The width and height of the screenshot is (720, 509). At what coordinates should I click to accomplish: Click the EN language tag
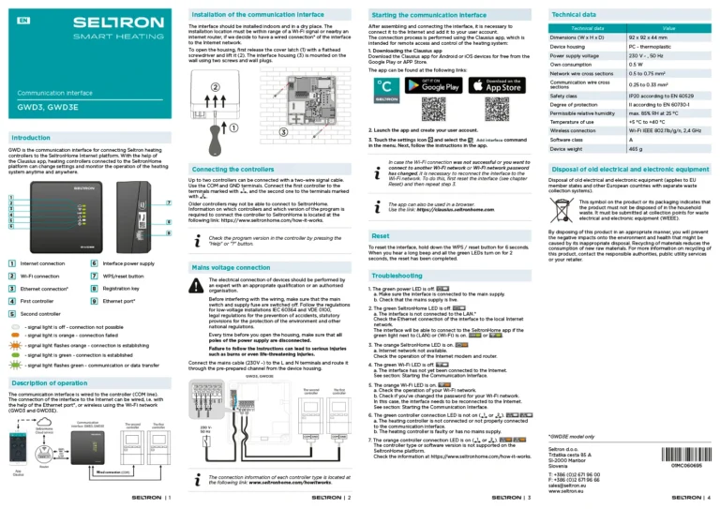(22, 19)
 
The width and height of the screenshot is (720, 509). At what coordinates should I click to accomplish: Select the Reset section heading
(382, 237)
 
